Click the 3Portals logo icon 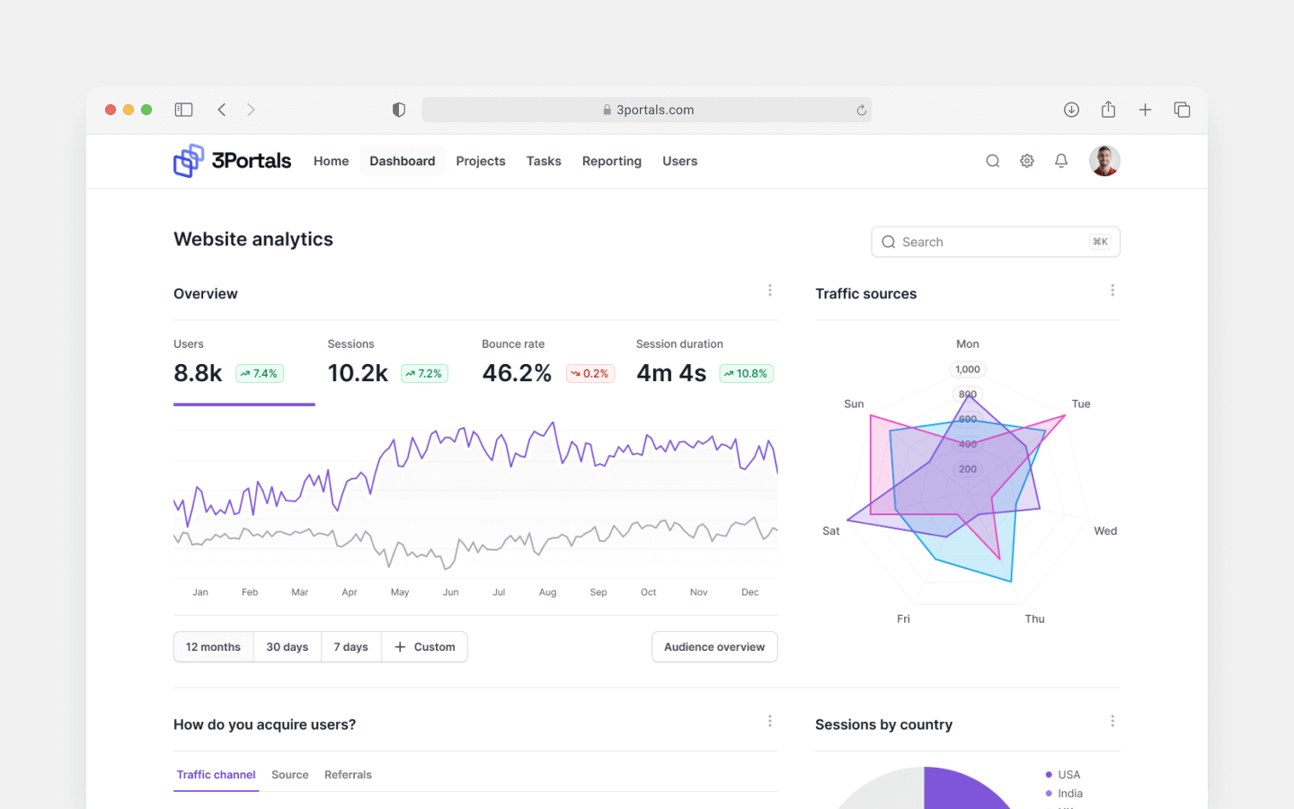click(x=189, y=161)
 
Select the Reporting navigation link click(x=611, y=161)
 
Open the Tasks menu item click(x=544, y=161)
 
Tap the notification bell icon click(x=1061, y=161)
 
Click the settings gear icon click(x=1027, y=161)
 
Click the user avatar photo click(x=1104, y=161)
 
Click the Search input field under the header click(x=995, y=242)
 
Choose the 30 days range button click(x=287, y=647)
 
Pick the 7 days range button click(x=350, y=647)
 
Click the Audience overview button click(x=714, y=647)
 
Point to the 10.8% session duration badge click(x=746, y=374)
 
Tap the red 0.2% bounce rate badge click(x=590, y=374)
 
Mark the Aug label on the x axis click(x=547, y=592)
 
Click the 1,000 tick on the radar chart click(x=968, y=369)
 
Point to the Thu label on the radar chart click(x=1034, y=619)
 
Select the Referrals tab click(x=348, y=775)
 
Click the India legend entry click(x=1069, y=794)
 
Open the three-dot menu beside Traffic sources click(x=1112, y=290)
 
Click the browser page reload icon click(x=861, y=111)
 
